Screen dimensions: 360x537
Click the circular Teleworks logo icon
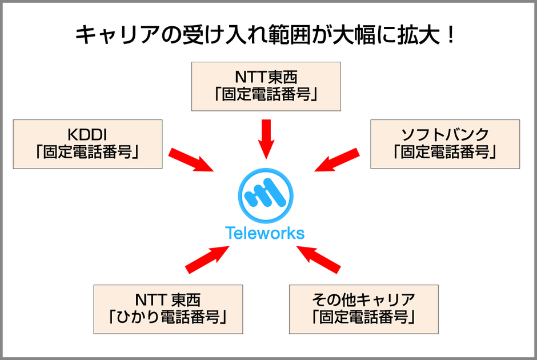pyautogui.click(x=265, y=196)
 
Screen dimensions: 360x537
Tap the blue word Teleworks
pyautogui.click(x=265, y=233)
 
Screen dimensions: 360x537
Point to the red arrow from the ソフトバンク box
pyautogui.click(x=337, y=159)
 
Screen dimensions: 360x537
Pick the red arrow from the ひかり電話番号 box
pyautogui.click(x=207, y=258)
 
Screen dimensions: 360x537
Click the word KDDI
pyautogui.click(x=87, y=135)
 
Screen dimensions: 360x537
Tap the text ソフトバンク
pyautogui.click(x=445, y=135)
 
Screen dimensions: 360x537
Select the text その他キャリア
pyautogui.click(x=363, y=299)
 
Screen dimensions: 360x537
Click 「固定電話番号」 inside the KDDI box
pyautogui.click(x=87, y=152)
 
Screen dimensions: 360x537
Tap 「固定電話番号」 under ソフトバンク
pyautogui.click(x=445, y=152)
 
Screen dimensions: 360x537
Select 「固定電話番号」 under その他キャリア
pyautogui.click(x=363, y=315)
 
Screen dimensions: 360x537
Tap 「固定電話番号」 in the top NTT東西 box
pyautogui.click(x=266, y=94)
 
